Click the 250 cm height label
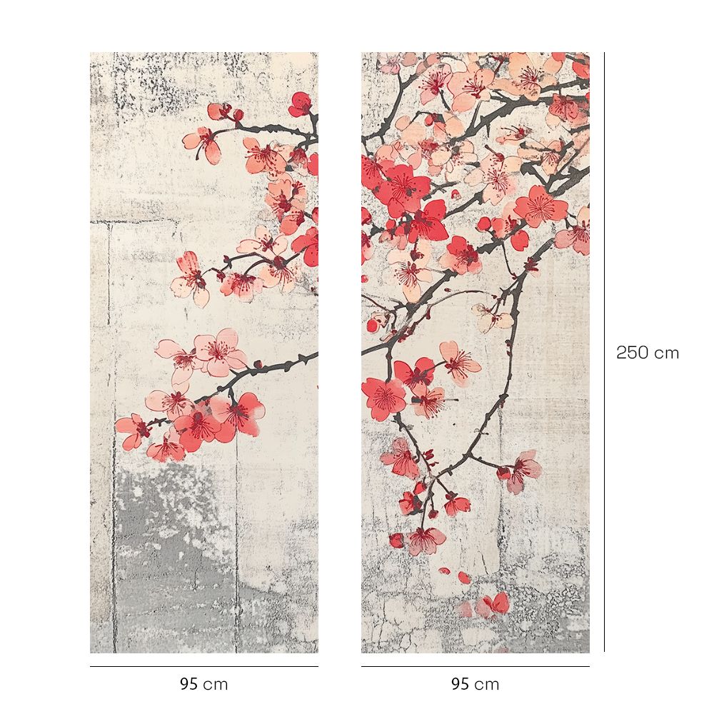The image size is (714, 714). click(x=648, y=353)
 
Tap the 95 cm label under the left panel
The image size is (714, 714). click(x=203, y=684)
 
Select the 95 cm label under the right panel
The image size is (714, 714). click(x=475, y=684)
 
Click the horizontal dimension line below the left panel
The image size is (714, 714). click(x=203, y=667)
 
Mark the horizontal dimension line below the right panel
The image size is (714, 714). click(x=475, y=667)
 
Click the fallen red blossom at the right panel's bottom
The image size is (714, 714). click(x=493, y=605)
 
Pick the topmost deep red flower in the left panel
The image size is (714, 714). click(x=301, y=104)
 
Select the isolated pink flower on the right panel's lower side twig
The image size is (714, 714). click(x=521, y=469)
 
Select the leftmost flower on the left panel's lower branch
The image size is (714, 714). click(x=132, y=431)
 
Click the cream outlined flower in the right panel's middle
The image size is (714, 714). click(x=492, y=317)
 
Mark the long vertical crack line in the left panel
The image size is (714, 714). click(x=112, y=428)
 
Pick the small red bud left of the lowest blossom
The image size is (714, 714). click(x=396, y=540)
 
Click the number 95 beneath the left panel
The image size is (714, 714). click(x=188, y=684)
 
